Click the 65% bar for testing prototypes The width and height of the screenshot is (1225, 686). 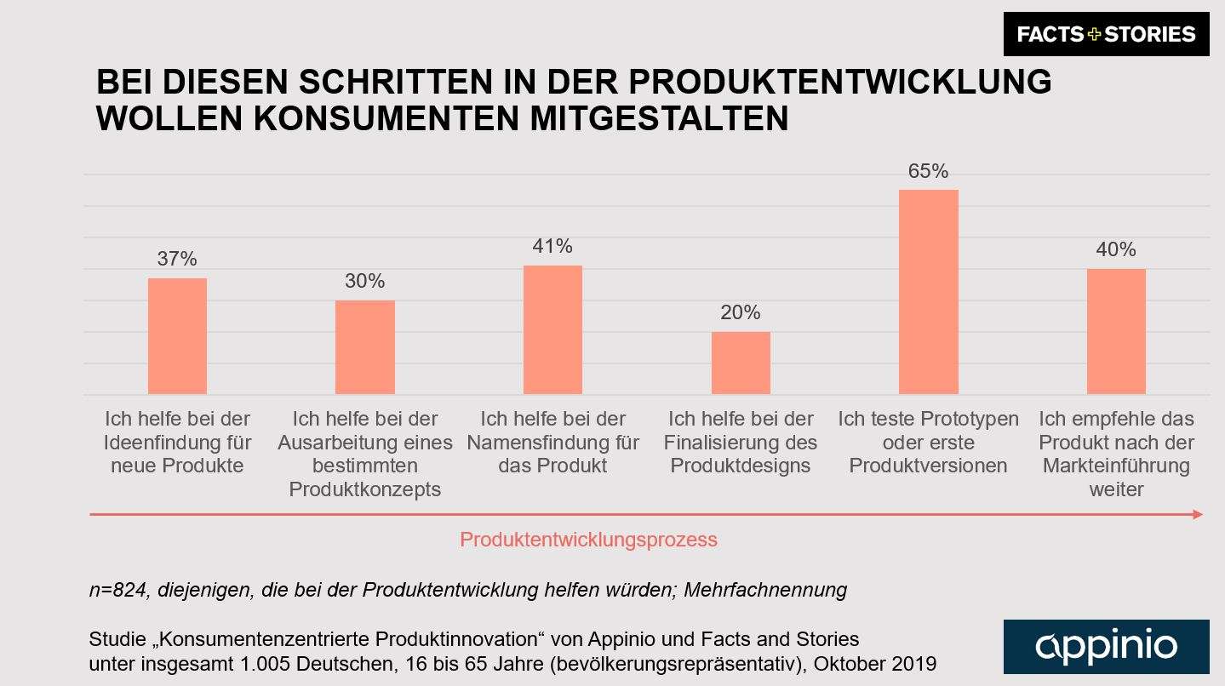tap(928, 291)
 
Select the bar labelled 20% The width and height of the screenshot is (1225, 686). tap(741, 363)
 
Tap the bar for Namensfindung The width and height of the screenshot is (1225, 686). tap(552, 329)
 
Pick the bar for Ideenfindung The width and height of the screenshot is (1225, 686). tap(177, 335)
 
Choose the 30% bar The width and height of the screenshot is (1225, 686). tap(365, 346)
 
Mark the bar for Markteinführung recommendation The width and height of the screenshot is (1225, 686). tap(1116, 331)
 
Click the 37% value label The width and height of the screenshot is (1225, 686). tap(177, 259)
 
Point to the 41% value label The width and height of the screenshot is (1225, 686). tap(552, 247)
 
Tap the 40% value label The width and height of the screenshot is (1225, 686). tap(1116, 249)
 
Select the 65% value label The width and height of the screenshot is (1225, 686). tap(928, 171)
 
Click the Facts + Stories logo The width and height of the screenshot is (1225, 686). tap(1106, 34)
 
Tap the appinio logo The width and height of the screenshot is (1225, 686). tap(1106, 646)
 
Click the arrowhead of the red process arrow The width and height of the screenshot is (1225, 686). tap(1198, 514)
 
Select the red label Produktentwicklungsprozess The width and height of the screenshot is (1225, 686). tap(588, 540)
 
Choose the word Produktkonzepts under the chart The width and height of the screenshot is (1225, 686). tap(365, 489)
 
